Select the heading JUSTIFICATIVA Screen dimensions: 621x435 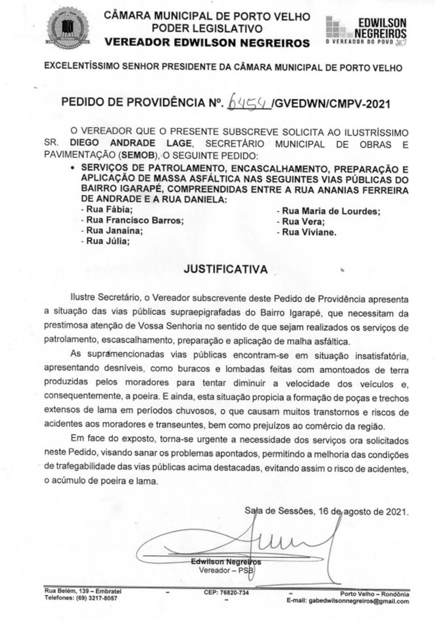click(x=225, y=269)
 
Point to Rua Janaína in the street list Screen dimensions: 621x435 click(x=111, y=231)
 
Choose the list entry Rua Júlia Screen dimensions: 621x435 click(x=105, y=241)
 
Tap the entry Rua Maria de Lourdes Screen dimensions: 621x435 click(x=328, y=211)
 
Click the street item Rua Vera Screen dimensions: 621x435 click(x=300, y=222)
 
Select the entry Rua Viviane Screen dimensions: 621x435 click(x=306, y=233)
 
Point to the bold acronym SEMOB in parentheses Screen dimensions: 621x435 click(x=136, y=155)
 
